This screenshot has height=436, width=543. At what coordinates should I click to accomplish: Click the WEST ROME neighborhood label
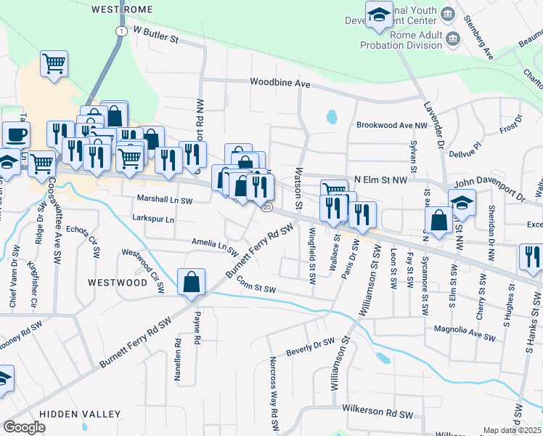pos(122,9)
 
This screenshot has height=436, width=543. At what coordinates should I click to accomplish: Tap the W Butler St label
pos(155,33)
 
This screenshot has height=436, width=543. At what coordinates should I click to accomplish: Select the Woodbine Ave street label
pos(280,84)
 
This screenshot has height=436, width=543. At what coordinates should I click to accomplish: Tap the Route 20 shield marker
pos(267,208)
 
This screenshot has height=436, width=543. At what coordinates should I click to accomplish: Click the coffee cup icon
pos(16,134)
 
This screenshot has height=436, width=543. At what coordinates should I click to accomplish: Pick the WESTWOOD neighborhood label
pos(118,282)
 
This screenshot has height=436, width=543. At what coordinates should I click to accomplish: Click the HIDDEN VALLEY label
pos(80,414)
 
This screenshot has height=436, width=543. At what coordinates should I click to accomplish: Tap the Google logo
pos(24,427)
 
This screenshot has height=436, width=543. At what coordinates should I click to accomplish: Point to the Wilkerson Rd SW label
pos(378,414)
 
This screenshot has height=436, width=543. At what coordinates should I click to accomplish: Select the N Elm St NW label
pos(378,179)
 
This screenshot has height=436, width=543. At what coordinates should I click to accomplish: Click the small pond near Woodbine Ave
pos(332,116)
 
